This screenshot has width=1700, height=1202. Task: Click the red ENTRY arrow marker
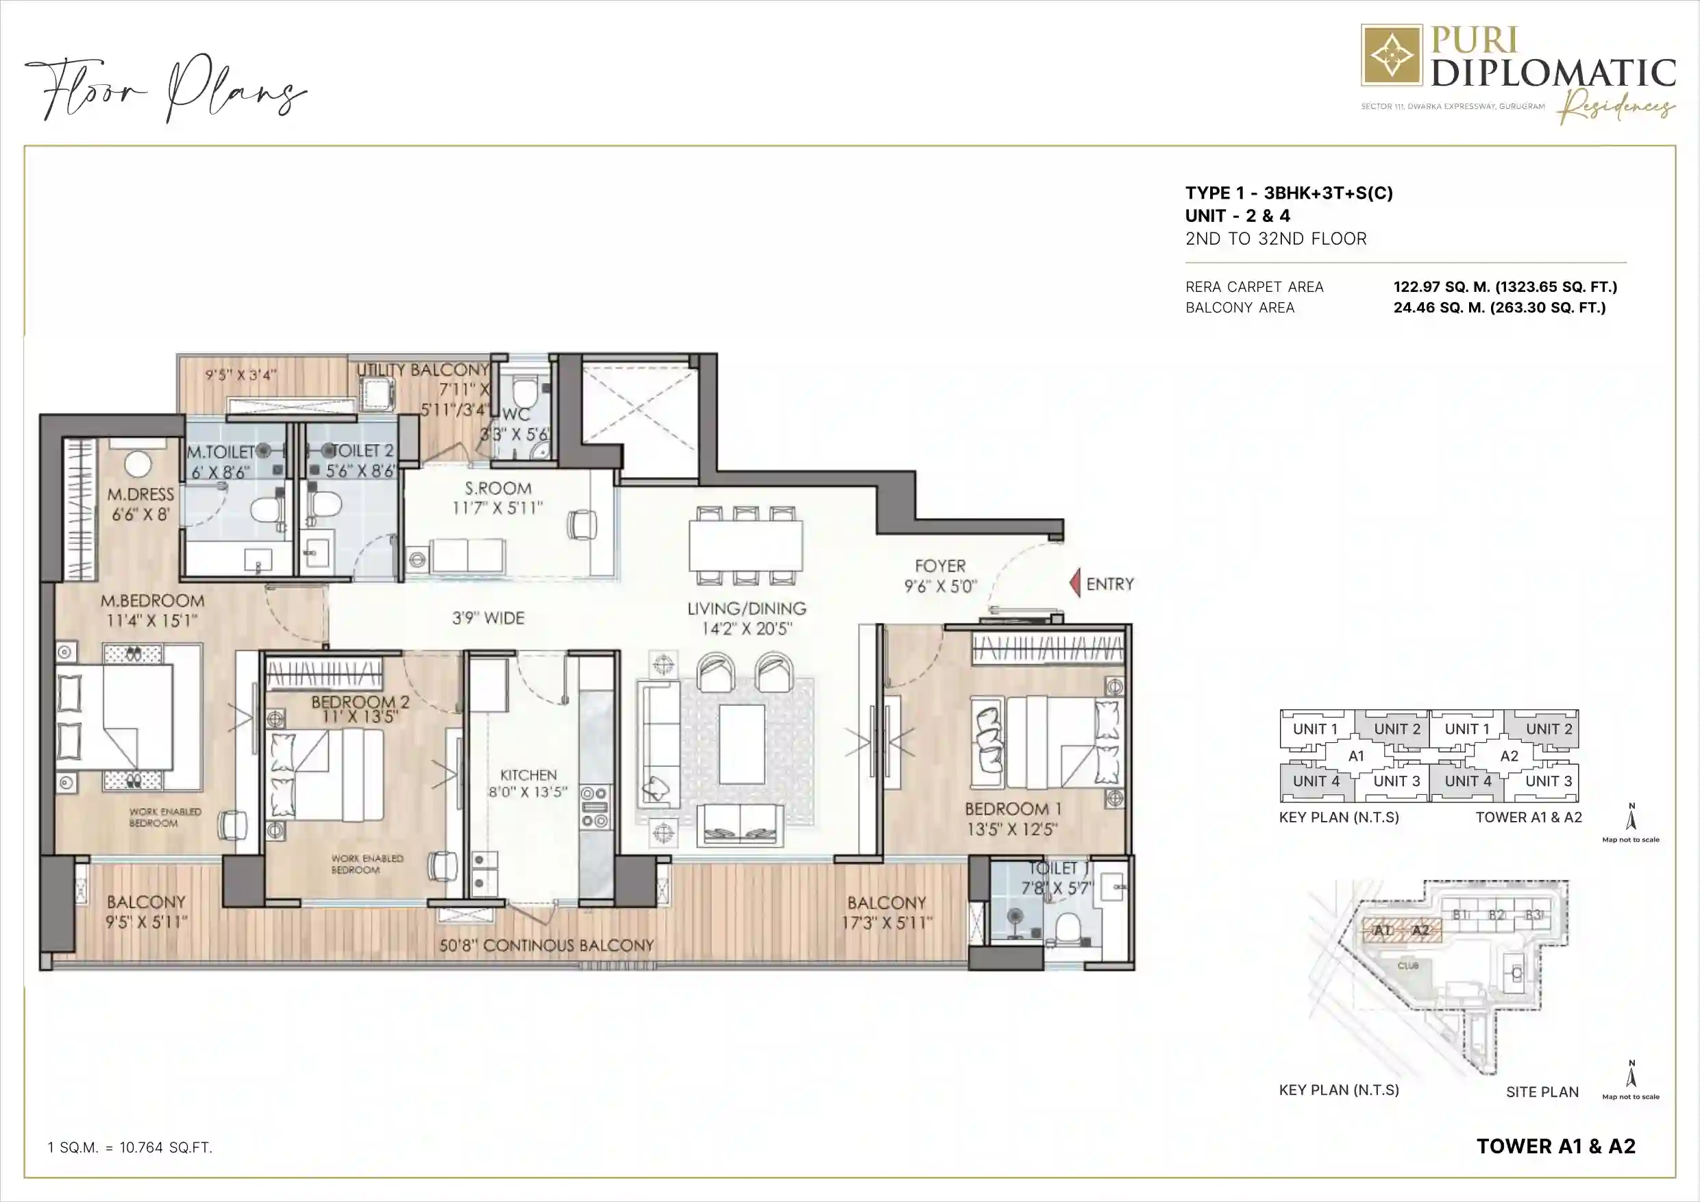tap(1075, 584)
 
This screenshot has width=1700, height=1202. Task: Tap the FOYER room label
tap(939, 566)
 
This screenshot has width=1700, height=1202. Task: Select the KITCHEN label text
tap(528, 774)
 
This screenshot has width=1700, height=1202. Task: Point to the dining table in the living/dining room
tap(746, 545)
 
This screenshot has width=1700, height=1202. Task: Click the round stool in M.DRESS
tap(138, 465)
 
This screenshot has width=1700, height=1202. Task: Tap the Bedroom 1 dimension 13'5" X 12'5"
tap(1011, 829)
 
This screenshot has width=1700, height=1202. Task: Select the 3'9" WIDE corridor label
tap(488, 617)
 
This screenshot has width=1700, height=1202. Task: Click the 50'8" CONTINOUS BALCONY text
tap(546, 946)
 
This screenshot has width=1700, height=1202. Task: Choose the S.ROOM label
tap(497, 488)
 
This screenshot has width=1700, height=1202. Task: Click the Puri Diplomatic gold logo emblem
tap(1391, 56)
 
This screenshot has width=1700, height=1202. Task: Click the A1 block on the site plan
tap(1382, 930)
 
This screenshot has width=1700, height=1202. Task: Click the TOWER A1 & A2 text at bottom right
tap(1555, 1146)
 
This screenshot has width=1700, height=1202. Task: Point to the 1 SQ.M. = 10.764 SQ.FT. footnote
tap(130, 1148)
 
